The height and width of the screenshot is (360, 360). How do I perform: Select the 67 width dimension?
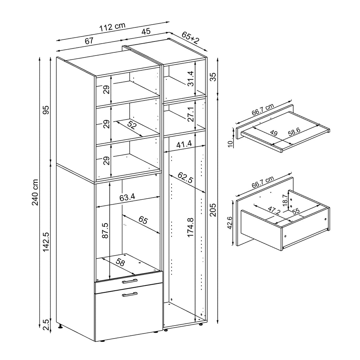coord(89,40)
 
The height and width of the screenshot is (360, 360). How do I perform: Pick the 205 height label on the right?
coord(212,210)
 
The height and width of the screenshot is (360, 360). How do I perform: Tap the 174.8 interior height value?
coord(190,227)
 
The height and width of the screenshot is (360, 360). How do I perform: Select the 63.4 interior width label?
coord(127,197)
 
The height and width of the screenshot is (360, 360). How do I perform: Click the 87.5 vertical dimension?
coord(104,230)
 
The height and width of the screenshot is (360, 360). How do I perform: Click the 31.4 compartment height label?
coord(190,79)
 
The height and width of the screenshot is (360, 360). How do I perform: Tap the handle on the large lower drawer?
coord(130,294)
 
